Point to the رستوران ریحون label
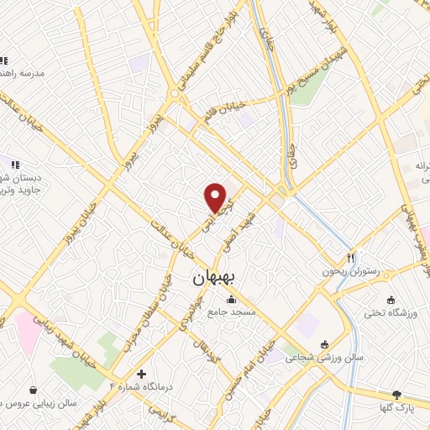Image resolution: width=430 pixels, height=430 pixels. coord(352,272)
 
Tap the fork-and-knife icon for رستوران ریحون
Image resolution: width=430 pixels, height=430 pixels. coord(351,259)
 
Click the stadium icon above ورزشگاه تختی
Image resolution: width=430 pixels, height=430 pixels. coord(391,300)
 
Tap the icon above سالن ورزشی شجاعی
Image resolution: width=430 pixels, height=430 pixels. coord(325,343)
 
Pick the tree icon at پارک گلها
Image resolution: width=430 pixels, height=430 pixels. coord(396,394)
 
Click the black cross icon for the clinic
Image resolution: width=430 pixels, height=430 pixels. coord(141,373)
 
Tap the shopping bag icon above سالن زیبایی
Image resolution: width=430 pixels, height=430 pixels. coord(33,391)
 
